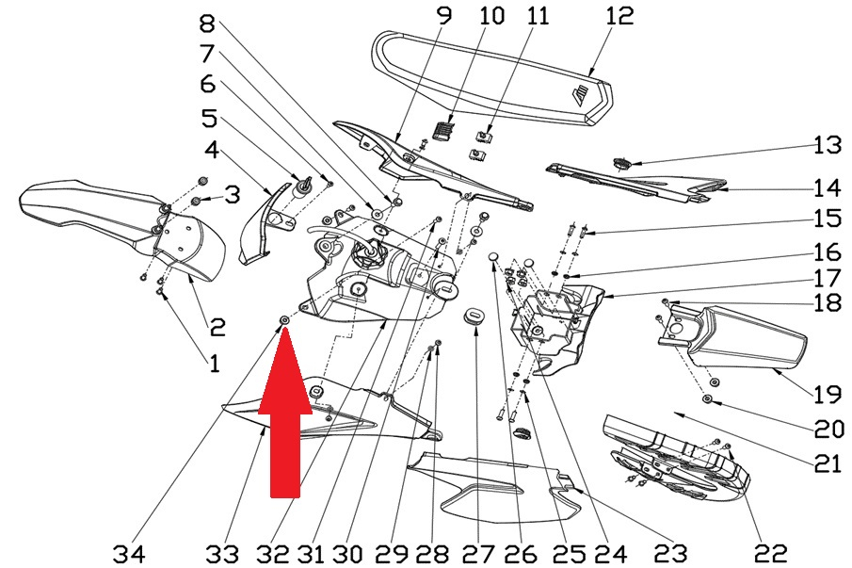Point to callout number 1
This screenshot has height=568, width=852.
215,361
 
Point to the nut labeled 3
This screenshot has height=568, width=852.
195,203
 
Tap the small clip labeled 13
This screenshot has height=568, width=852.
620,163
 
